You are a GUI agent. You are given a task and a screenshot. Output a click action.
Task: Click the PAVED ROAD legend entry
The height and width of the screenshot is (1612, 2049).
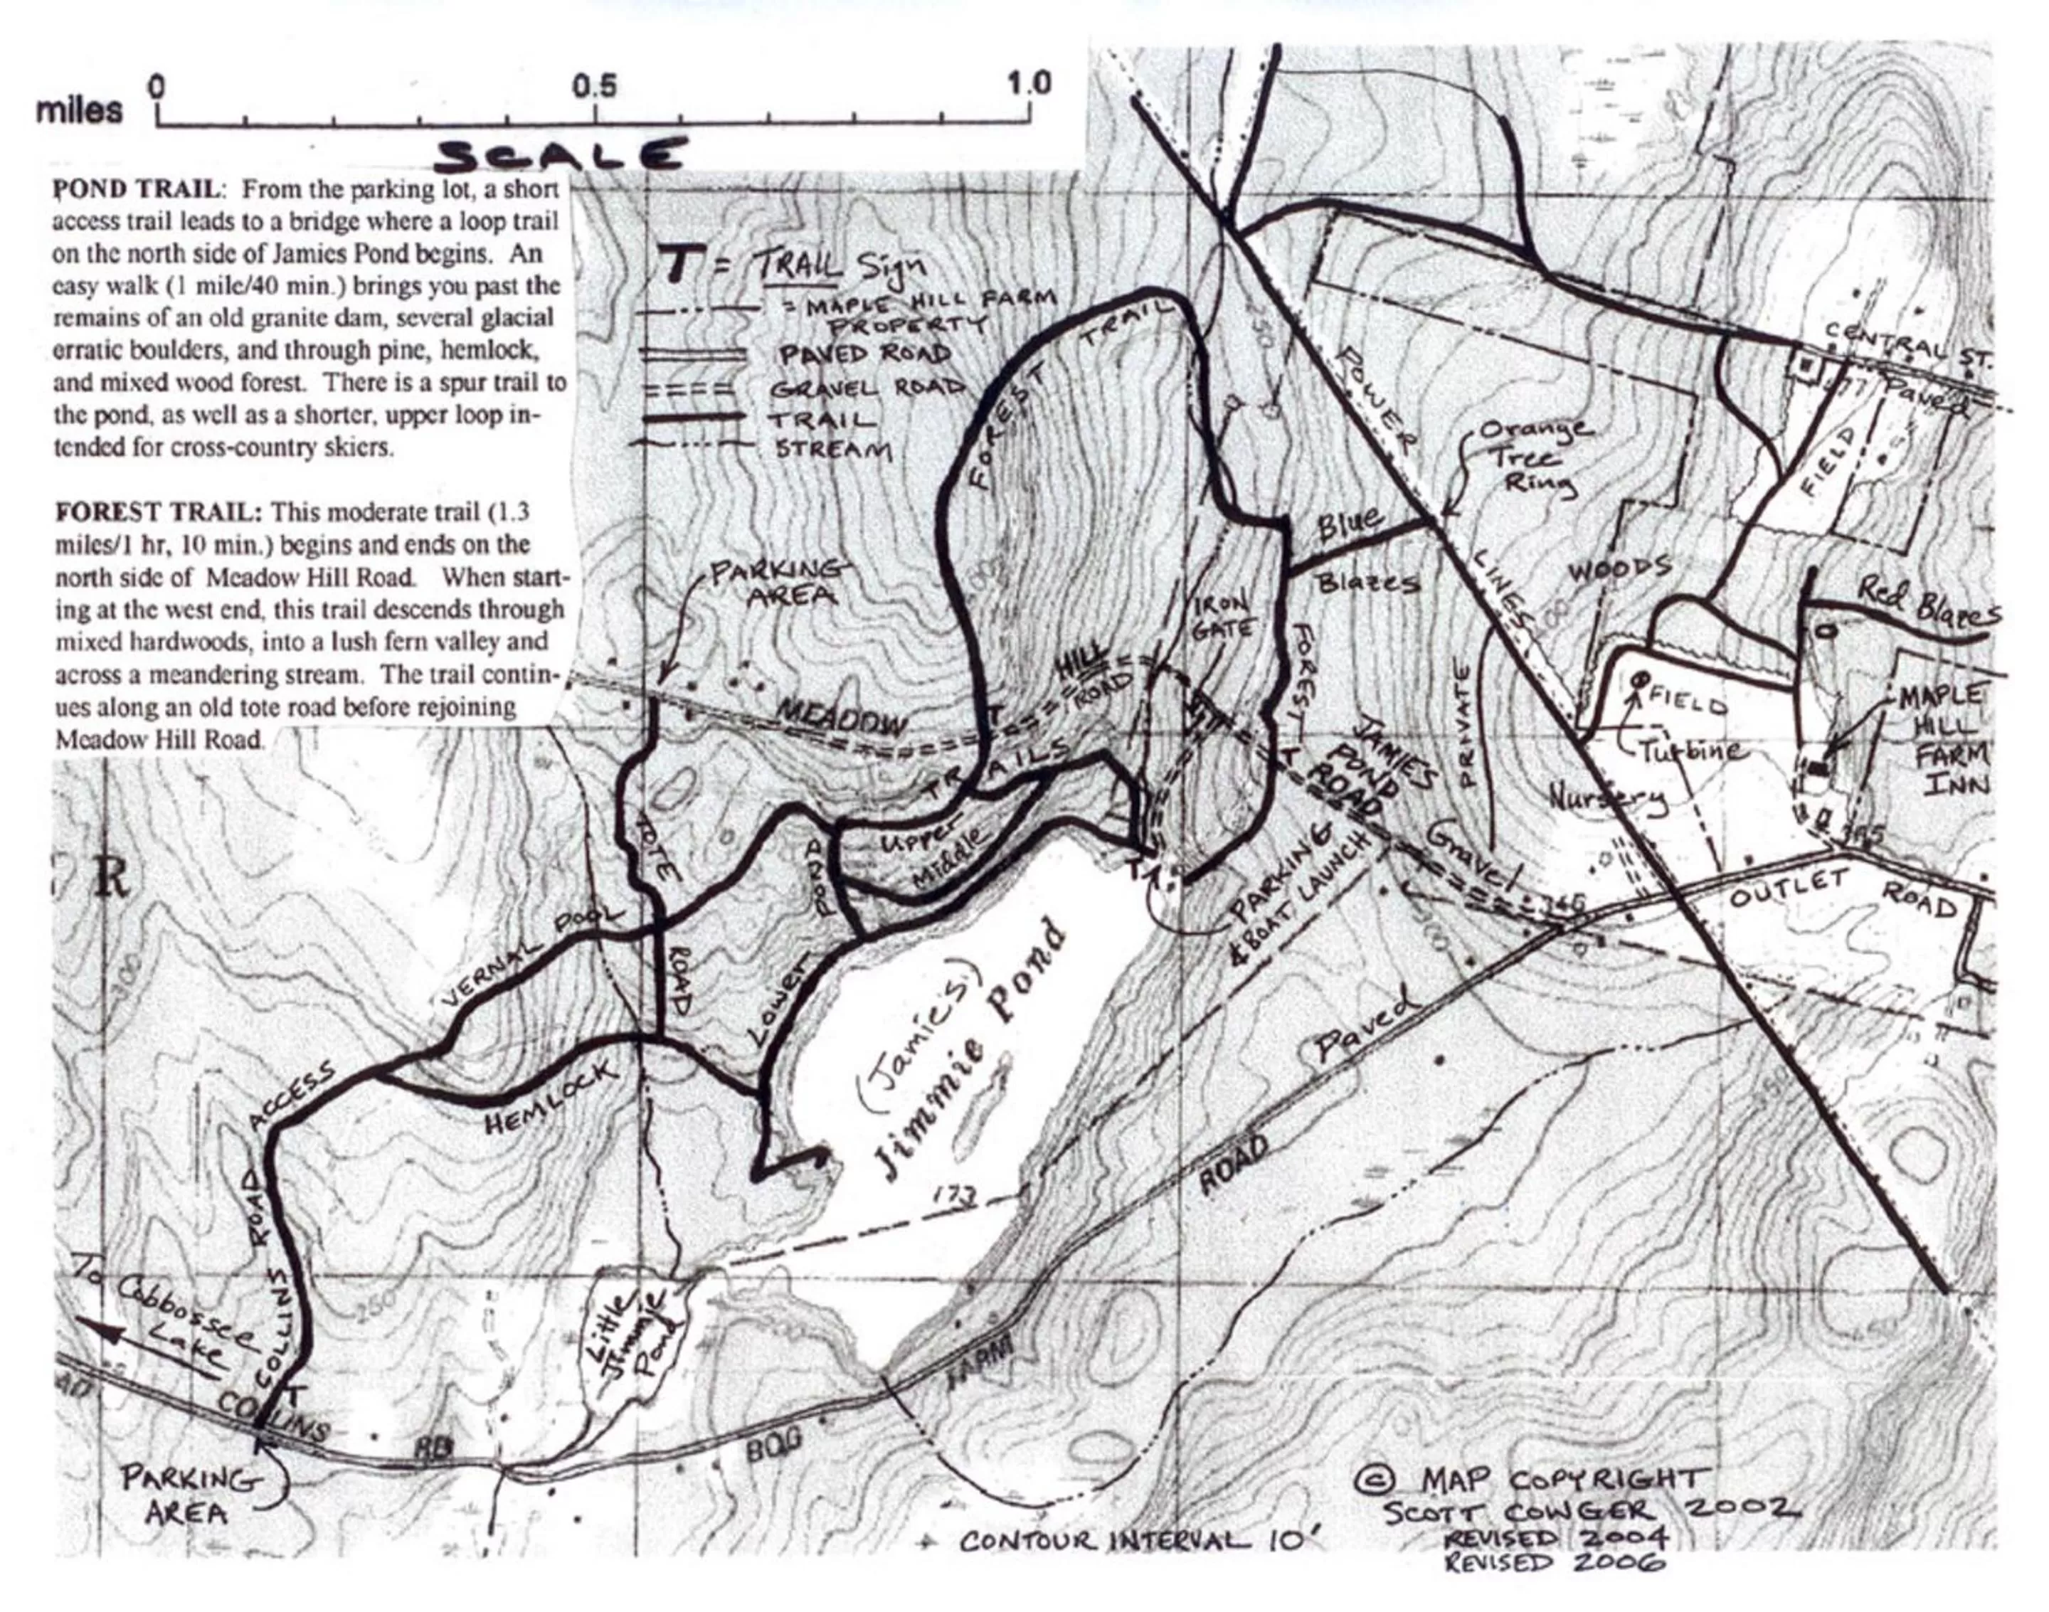864,354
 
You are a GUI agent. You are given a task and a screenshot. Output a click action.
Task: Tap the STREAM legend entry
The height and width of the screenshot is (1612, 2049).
832,450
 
